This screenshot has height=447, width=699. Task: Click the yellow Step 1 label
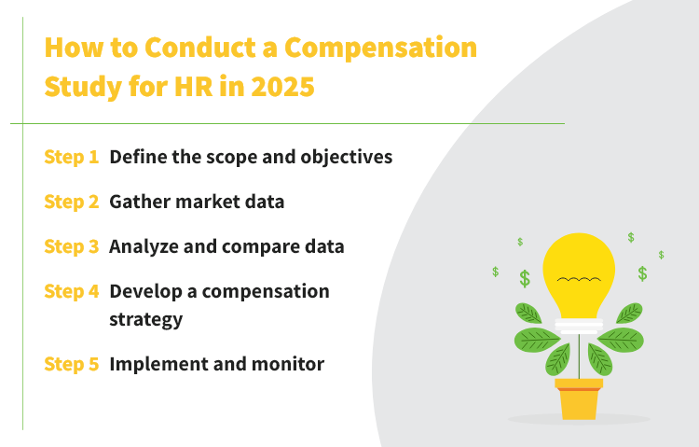click(x=71, y=157)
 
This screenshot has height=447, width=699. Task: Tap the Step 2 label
click(x=71, y=202)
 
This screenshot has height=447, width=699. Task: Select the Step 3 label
click(x=71, y=246)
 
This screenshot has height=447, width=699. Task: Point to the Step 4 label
click(x=71, y=291)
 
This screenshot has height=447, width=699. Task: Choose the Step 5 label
click(x=71, y=364)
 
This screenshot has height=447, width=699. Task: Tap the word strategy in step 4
click(x=144, y=318)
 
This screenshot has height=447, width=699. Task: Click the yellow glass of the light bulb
click(x=579, y=266)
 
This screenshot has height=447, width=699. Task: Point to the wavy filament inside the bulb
click(x=579, y=280)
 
